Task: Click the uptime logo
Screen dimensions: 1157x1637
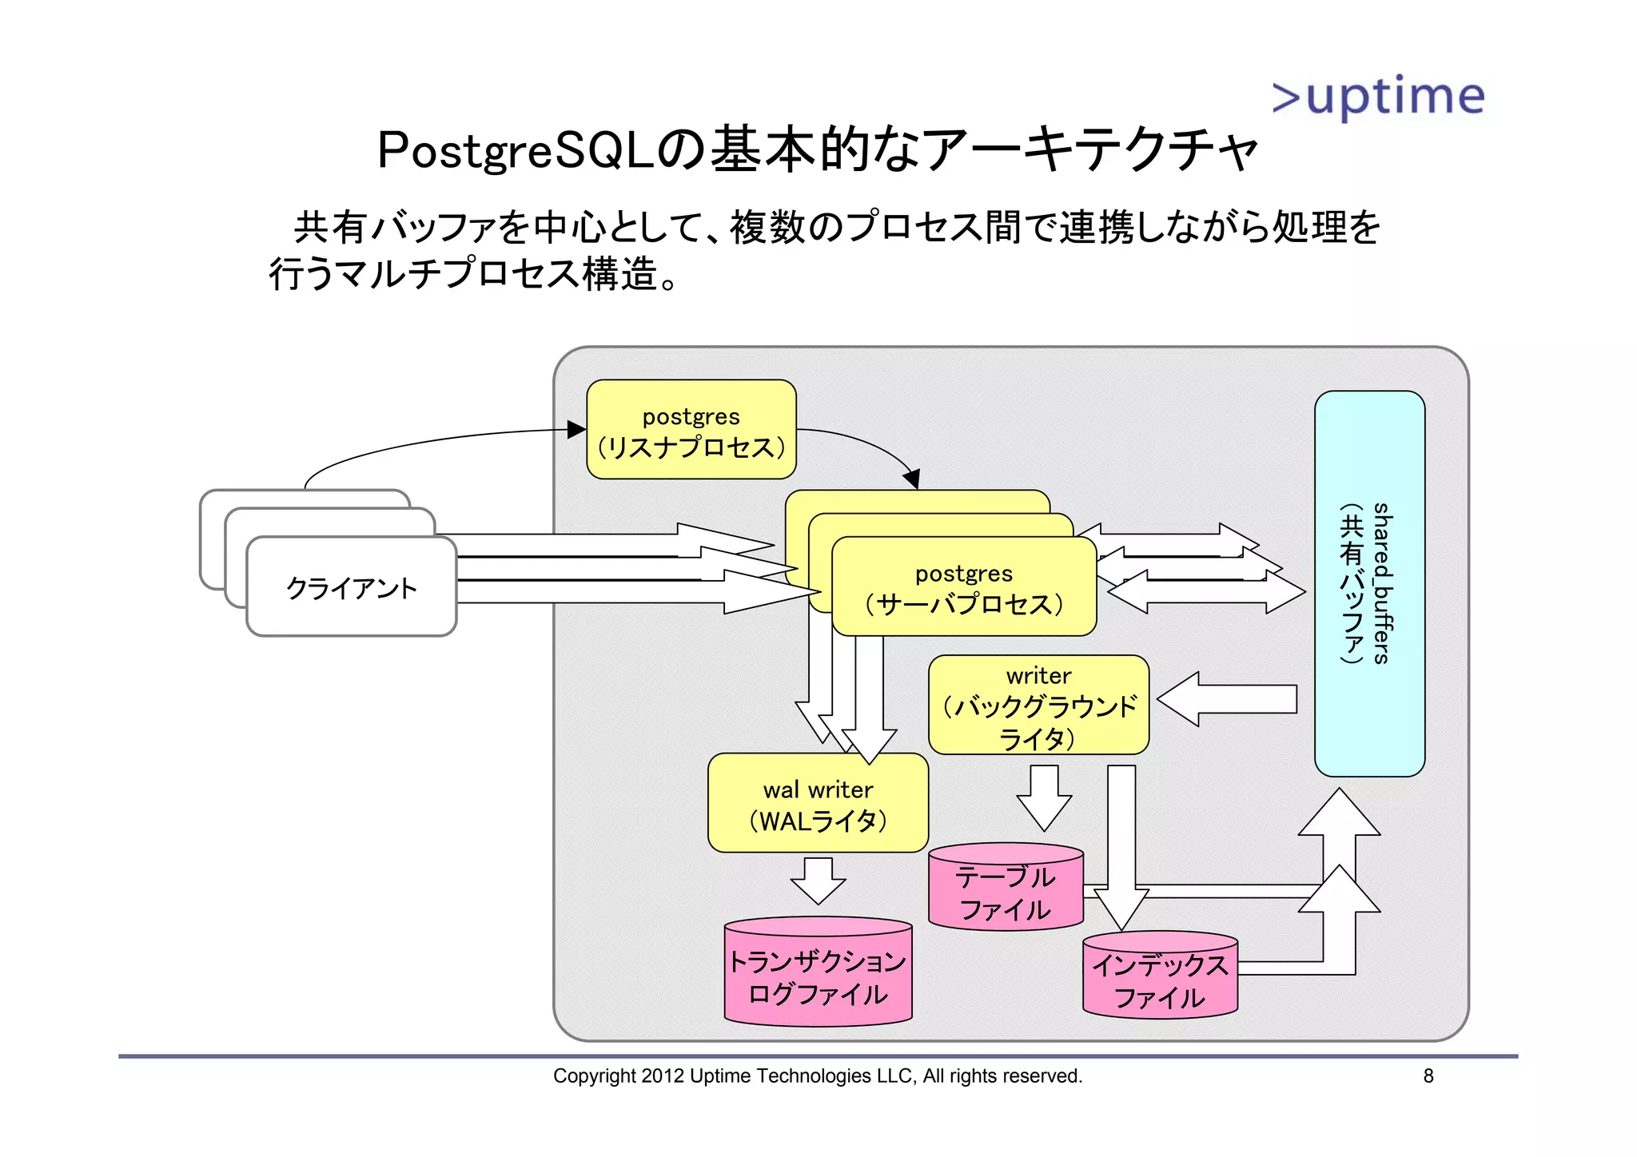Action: click(1378, 97)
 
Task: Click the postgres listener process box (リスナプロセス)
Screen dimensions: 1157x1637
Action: click(691, 430)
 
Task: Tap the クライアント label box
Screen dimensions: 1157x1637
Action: click(352, 587)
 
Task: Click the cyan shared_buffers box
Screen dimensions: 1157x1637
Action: click(1369, 583)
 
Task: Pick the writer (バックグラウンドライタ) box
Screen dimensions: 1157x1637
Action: click(1038, 706)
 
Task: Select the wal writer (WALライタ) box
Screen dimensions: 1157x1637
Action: click(818, 804)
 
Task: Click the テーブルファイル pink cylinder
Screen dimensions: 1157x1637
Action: click(1006, 891)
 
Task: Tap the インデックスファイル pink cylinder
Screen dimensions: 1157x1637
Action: click(1160, 979)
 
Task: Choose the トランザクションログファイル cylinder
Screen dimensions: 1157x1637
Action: click(818, 975)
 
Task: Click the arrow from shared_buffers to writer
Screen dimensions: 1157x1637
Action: click(1227, 699)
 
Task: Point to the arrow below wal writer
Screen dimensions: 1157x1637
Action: click(818, 881)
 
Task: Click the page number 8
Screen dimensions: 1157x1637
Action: click(1428, 1076)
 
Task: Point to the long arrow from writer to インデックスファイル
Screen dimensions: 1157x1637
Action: click(1121, 847)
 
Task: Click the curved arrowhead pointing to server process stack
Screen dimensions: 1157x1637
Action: click(912, 479)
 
